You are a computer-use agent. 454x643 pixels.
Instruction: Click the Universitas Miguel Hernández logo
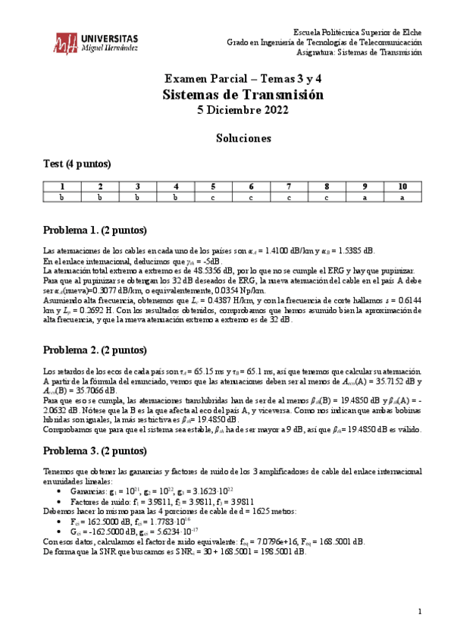coord(95,43)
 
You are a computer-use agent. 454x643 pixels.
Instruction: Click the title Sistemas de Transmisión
coord(243,95)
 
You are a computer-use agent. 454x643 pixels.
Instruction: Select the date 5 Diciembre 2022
coord(243,111)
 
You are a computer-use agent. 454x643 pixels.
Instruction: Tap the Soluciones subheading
coord(243,139)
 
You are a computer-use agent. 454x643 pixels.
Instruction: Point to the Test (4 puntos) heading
coord(77,164)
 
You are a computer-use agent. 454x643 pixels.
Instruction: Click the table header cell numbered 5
coord(213,187)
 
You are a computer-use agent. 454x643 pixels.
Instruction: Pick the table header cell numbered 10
coord(402,187)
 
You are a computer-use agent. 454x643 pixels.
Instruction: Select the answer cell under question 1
coord(62,197)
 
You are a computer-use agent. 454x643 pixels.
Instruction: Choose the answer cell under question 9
coord(365,197)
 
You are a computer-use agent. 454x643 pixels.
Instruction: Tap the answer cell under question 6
coord(251,197)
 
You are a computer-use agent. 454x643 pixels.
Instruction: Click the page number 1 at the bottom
coord(419,611)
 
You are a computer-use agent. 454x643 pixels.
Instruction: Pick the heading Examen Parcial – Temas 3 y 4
coord(243,78)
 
